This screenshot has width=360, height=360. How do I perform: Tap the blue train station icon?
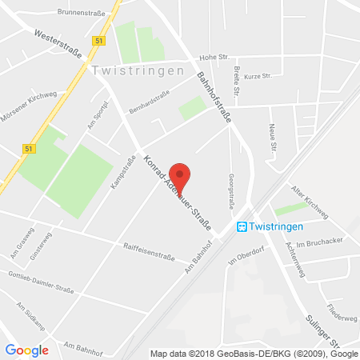[x=242, y=227]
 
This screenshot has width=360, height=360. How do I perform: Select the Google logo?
[x=26, y=350]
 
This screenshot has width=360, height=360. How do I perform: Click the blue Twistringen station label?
[x=278, y=227]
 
